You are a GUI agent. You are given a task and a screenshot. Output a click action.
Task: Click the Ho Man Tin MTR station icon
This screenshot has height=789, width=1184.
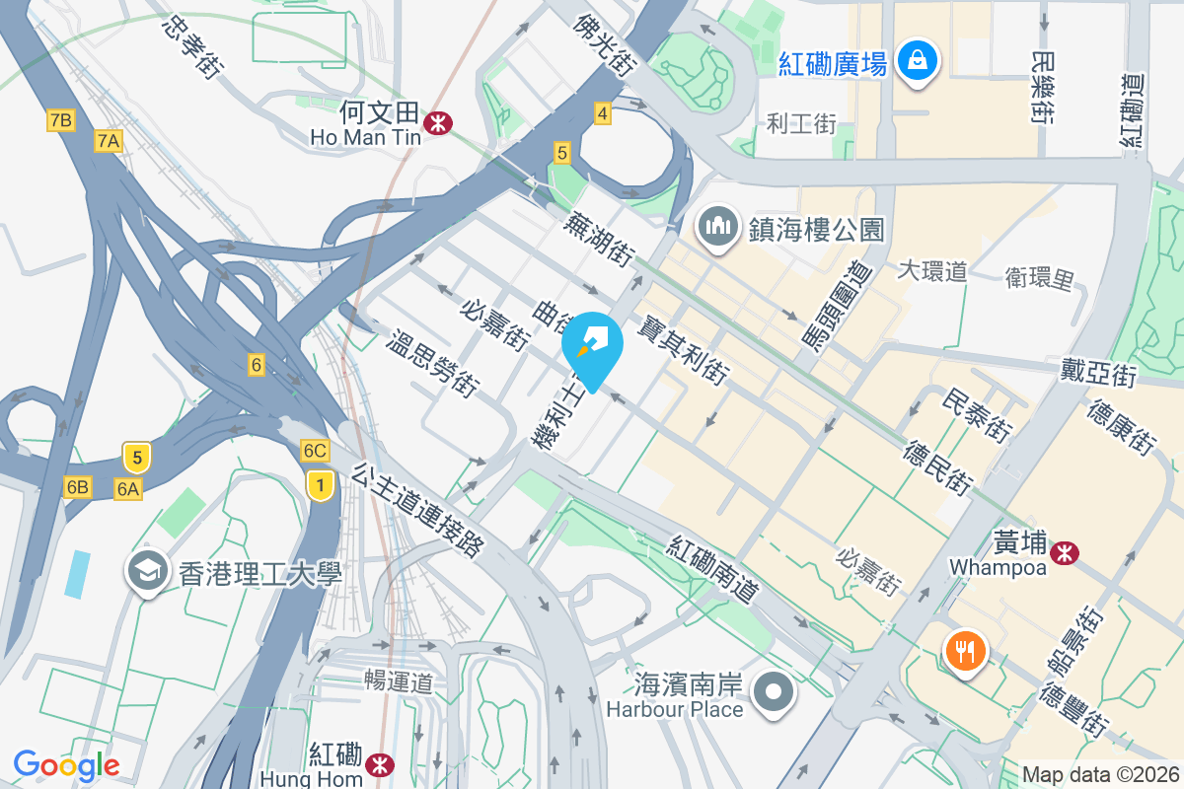(x=436, y=122)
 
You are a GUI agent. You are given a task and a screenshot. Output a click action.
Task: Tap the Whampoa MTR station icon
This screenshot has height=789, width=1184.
(x=1065, y=553)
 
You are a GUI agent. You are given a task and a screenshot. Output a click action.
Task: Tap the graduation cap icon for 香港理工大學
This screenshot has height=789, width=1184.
(x=149, y=571)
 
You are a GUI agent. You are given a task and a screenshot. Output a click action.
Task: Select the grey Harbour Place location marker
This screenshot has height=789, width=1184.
(x=773, y=692)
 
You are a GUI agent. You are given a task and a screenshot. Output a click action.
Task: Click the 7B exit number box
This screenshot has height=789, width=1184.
(x=60, y=120)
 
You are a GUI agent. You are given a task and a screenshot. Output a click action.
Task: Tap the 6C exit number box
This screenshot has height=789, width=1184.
(x=315, y=451)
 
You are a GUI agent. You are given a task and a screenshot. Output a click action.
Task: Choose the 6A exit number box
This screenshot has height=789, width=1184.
(x=128, y=487)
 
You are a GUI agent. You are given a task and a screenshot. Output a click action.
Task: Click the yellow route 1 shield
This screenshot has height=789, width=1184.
(x=318, y=484)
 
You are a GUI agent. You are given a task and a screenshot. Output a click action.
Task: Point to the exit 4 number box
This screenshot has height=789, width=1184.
(x=602, y=114)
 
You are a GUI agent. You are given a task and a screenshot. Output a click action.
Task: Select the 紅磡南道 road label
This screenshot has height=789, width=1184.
(x=713, y=570)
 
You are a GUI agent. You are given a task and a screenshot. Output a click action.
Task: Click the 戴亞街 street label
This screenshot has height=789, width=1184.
(x=1098, y=374)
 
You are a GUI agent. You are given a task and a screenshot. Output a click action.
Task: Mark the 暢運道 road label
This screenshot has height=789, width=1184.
(x=399, y=680)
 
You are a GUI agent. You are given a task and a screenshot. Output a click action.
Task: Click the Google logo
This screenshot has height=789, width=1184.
(x=66, y=765)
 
